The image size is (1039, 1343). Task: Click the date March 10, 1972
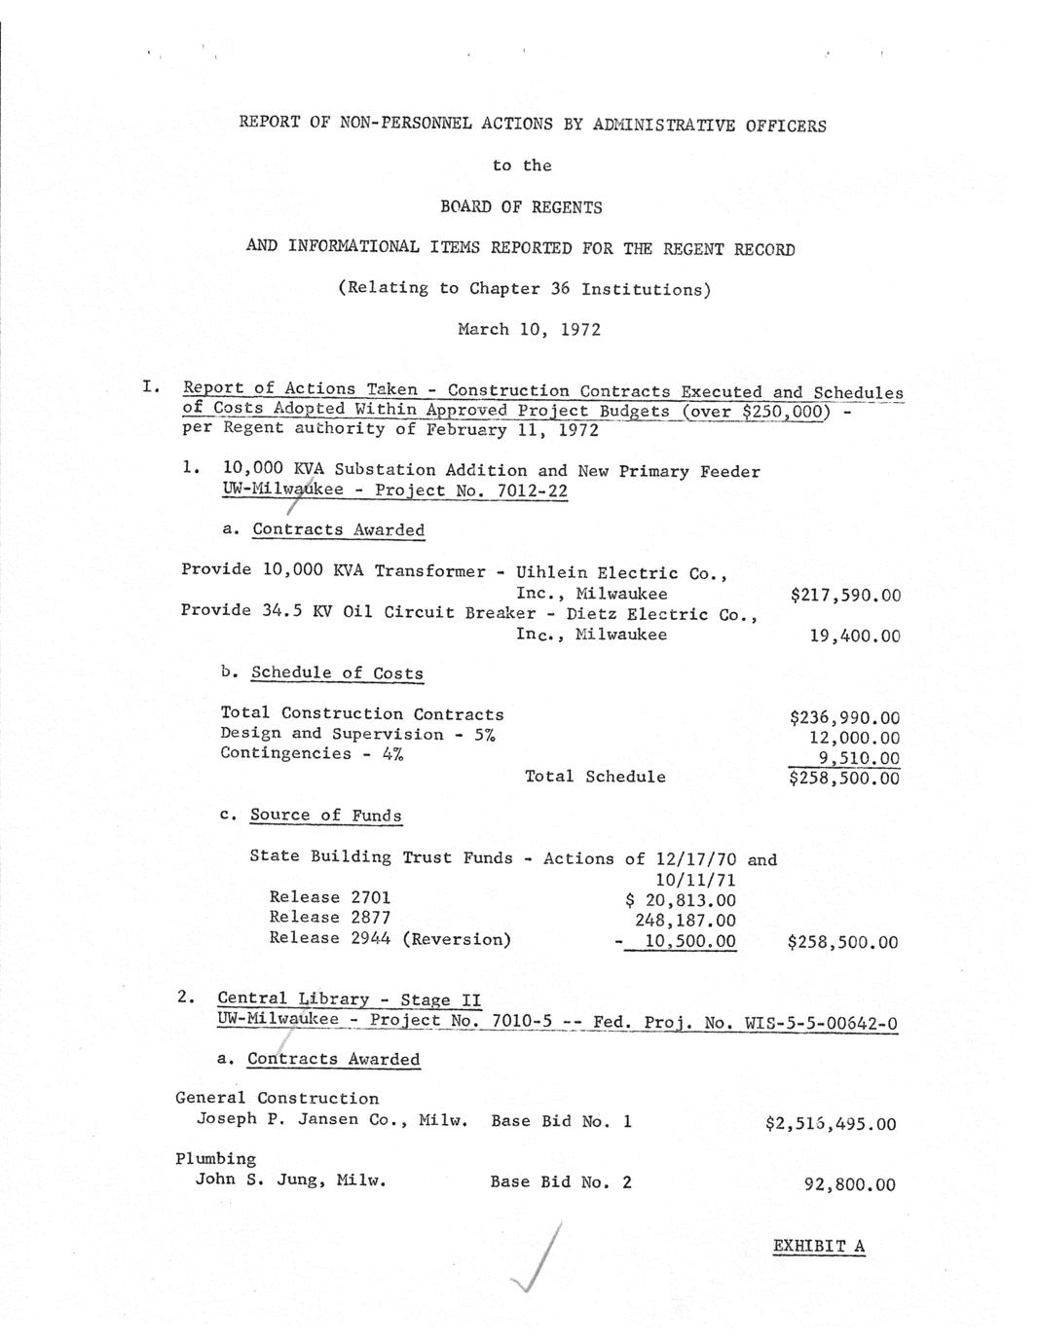[529, 329]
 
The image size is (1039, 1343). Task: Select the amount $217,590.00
[845, 595]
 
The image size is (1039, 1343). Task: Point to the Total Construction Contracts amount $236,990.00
[844, 718]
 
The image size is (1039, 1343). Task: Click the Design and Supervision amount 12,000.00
[854, 739]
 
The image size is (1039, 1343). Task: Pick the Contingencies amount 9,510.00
[858, 758]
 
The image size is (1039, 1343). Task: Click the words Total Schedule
[595, 777]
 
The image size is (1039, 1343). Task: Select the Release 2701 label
[329, 897]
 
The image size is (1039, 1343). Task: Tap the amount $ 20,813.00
[681, 900]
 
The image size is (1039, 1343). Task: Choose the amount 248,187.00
[686, 921]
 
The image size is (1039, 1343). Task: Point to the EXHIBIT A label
[819, 1246]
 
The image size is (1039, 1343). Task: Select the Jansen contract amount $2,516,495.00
[831, 1124]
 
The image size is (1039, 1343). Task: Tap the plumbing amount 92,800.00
[849, 1184]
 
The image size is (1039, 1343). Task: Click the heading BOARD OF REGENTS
[521, 206]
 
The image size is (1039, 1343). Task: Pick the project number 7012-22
[532, 490]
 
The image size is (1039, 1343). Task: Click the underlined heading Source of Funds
[326, 816]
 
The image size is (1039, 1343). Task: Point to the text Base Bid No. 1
[561, 1121]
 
